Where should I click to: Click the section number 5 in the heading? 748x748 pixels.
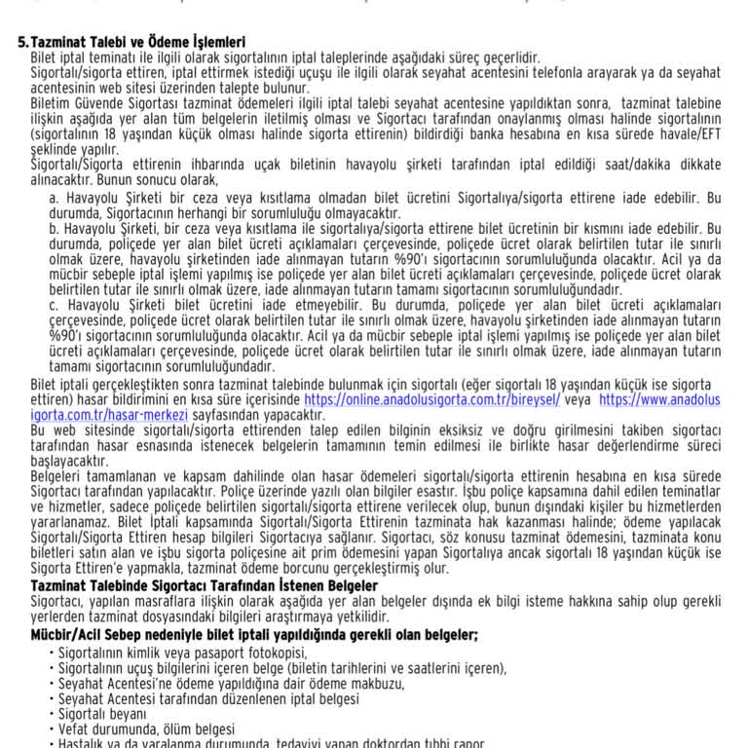pyautogui.click(x=22, y=43)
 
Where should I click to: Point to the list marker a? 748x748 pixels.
pyautogui.click(x=54, y=198)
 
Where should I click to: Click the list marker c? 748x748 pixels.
pyautogui.click(x=54, y=305)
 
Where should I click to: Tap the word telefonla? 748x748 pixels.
pyautogui.click(x=530, y=73)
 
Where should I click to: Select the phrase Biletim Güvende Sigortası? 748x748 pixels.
pyautogui.click(x=99, y=102)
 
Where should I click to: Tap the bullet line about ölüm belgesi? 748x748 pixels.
pyautogui.click(x=146, y=729)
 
